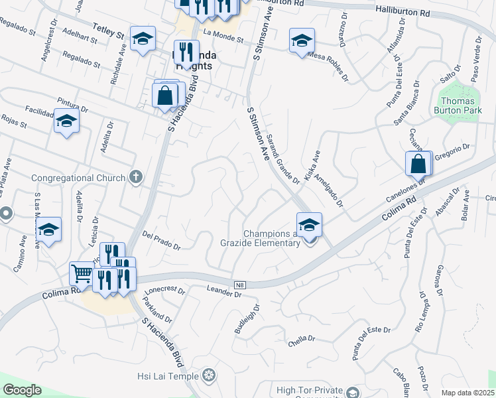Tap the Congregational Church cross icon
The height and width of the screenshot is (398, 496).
tap(136, 177)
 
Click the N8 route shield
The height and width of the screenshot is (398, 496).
tap(240, 285)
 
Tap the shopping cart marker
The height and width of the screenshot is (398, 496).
tap(81, 273)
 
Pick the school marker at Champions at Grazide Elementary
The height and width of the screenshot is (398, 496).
tap(309, 224)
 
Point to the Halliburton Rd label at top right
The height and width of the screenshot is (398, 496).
tap(403, 12)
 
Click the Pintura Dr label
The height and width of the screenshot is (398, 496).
tap(73, 104)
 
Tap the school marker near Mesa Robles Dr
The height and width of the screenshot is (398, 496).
tap(301, 40)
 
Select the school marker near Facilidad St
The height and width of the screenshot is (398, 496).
tap(66, 121)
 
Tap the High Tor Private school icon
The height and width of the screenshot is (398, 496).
tap(353, 393)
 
